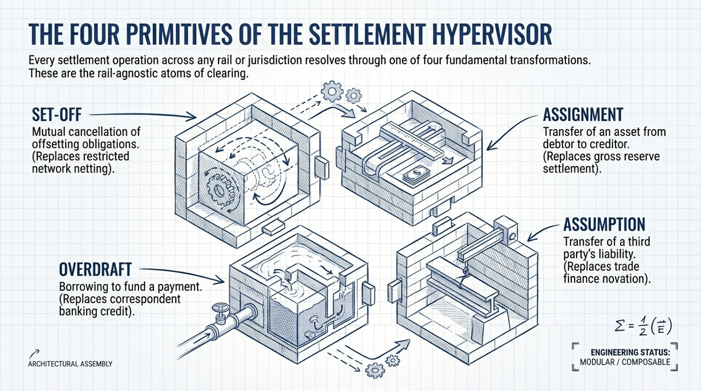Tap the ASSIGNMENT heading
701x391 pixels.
click(583, 114)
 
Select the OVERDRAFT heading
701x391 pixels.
click(95, 269)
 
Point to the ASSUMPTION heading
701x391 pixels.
click(604, 224)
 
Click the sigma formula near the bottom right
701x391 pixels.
click(641, 327)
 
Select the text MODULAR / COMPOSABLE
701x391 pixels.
click(624, 362)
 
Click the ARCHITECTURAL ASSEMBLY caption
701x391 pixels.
click(70, 364)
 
